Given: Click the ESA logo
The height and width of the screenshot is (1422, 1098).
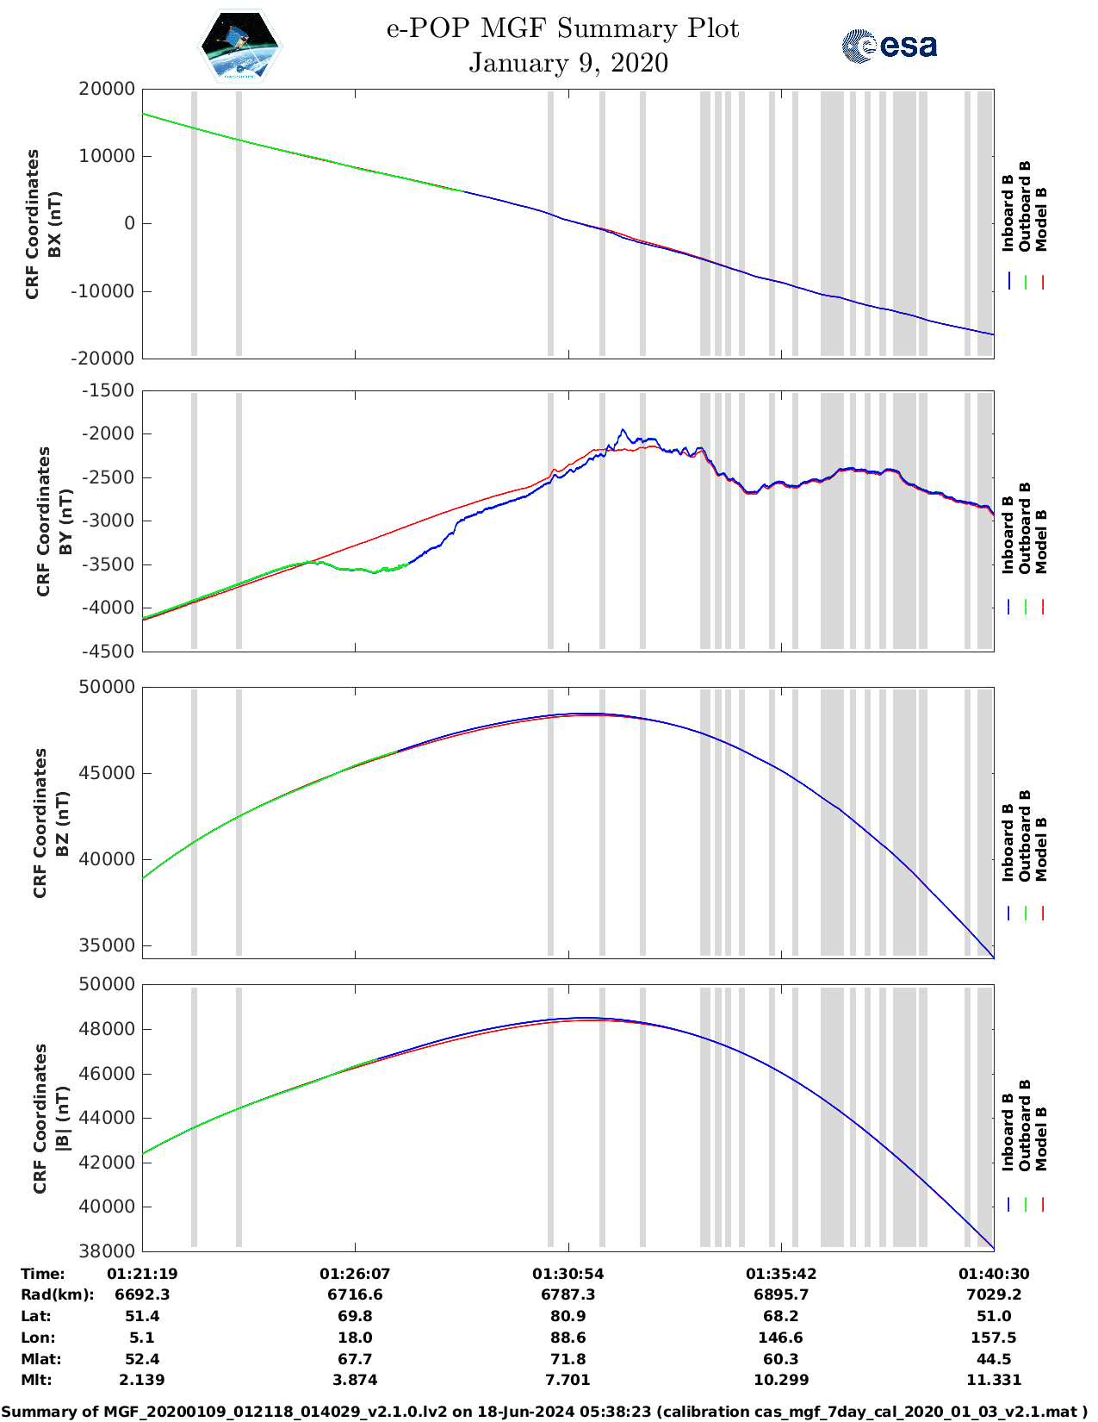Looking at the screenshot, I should click(x=889, y=46).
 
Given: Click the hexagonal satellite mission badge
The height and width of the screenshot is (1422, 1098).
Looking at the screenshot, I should click(x=239, y=47).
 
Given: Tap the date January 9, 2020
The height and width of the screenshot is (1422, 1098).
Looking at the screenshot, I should click(x=568, y=63).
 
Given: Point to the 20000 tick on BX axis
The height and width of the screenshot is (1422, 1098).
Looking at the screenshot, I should click(x=106, y=89).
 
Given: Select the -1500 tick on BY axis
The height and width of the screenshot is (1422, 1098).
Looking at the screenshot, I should click(x=108, y=390).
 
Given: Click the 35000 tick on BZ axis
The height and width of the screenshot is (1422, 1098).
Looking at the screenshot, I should click(x=107, y=945).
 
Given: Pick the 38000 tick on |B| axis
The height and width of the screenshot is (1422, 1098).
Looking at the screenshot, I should click(x=107, y=1250).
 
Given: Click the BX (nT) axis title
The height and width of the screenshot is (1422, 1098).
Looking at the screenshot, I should click(x=54, y=224).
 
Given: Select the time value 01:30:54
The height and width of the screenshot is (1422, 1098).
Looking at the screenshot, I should click(x=568, y=1274).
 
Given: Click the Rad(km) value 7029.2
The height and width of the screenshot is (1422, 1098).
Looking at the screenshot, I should click(x=993, y=1294).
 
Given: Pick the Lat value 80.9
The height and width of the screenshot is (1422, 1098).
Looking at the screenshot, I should click(x=568, y=1316).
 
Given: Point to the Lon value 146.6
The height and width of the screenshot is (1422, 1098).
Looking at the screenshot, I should click(x=780, y=1338).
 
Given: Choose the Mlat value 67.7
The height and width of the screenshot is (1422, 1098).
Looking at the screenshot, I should click(x=355, y=1359).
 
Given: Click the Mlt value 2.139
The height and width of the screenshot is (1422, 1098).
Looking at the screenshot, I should click(x=142, y=1380).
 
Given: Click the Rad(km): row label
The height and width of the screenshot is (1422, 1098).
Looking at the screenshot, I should click(x=58, y=1294).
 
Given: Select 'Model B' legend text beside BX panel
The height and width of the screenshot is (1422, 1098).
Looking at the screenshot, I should click(x=1041, y=219).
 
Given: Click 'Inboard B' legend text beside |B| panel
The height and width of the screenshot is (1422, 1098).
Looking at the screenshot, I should click(x=1008, y=1132).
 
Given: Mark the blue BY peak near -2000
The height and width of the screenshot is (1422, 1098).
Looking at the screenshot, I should click(x=623, y=429).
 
